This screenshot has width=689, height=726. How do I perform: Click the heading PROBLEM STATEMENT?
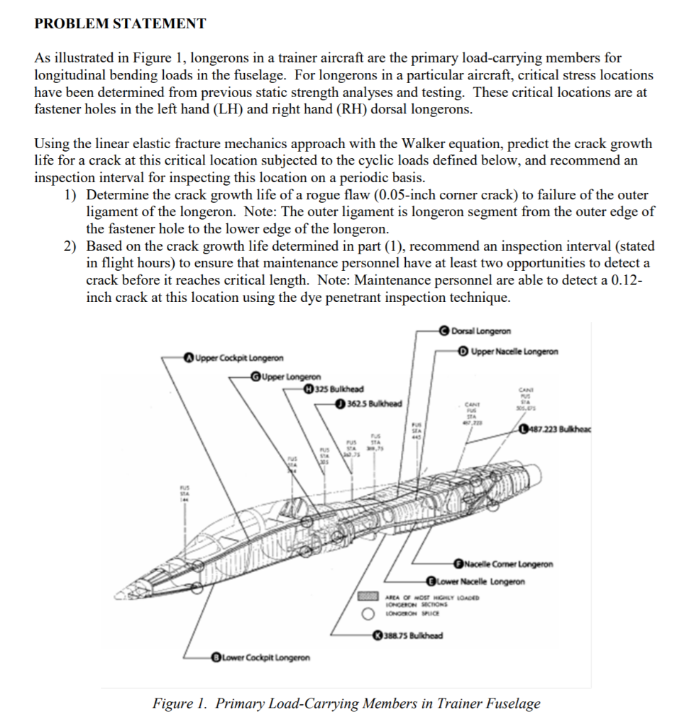pos(121,23)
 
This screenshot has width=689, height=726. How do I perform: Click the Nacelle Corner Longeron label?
pos(510,564)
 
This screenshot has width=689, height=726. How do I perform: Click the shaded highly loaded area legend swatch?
pos(368,596)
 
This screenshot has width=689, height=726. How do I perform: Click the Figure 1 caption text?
pos(346,703)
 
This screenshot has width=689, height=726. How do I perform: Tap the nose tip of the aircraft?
pos(121,598)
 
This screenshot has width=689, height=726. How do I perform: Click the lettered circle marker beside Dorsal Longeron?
pos(445,330)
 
